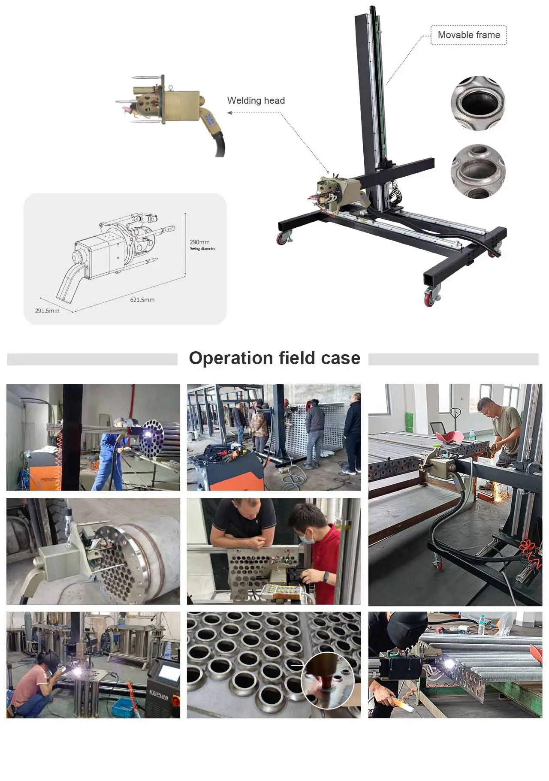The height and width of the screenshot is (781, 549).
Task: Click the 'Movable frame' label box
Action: pos(468,35)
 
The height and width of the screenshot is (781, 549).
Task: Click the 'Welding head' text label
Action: pos(256,100)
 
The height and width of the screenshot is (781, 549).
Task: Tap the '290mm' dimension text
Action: pos(199,242)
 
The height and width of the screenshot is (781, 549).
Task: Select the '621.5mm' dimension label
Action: pos(142,300)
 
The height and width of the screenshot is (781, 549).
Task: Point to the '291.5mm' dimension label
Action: pos(47,311)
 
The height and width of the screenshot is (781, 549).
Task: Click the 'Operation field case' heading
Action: pos(274,358)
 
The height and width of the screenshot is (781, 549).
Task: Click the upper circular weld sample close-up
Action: pos(477,103)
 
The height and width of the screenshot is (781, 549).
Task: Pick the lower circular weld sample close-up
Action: pos(478,172)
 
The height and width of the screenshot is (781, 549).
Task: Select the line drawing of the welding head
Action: pos(116,253)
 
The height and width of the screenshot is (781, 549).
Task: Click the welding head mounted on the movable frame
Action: pos(337,195)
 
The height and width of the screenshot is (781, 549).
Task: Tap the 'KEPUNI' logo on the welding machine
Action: pos(159,694)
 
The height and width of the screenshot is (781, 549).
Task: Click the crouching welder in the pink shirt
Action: pos(32,682)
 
